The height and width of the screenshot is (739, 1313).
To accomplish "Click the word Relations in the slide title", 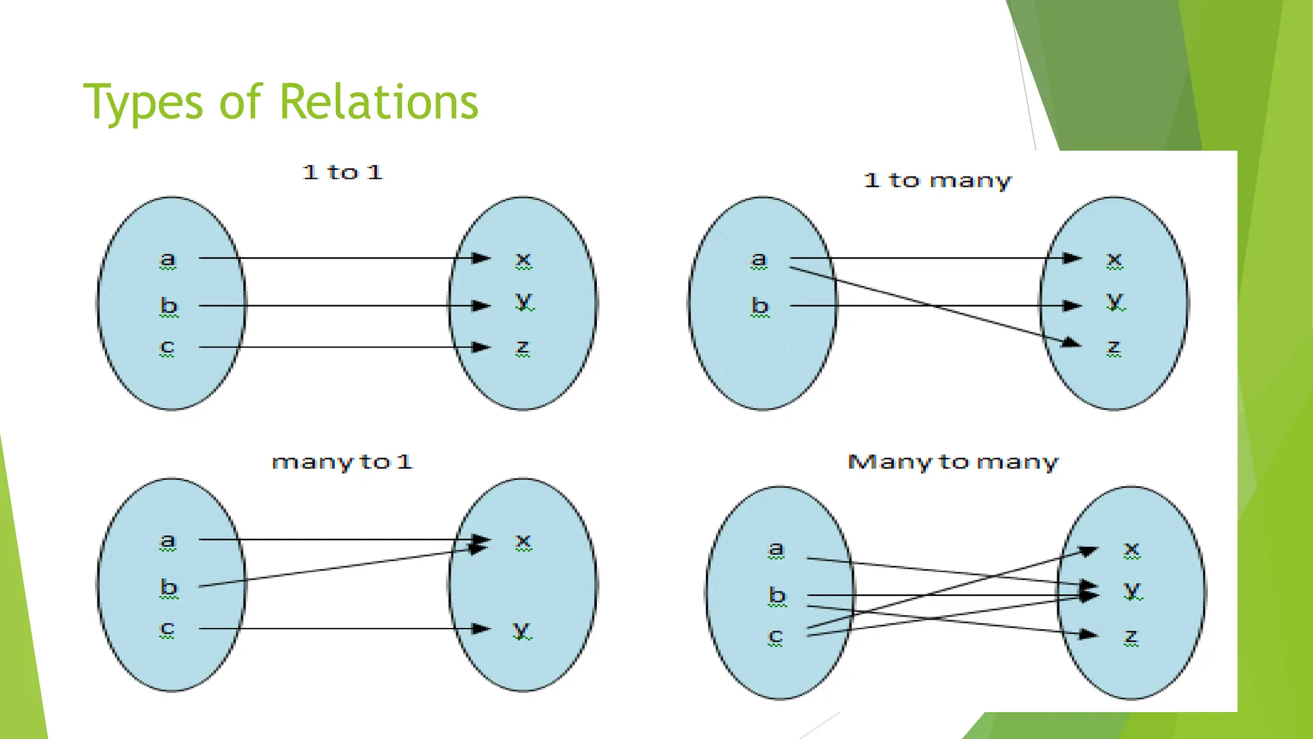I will tap(379, 102).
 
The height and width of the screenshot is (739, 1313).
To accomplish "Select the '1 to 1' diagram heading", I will tap(342, 172).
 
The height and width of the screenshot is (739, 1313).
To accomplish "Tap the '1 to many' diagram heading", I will tap(937, 180).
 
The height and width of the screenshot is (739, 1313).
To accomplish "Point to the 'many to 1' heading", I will tap(342, 462).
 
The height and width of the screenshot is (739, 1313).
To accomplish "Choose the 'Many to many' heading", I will tap(953, 462).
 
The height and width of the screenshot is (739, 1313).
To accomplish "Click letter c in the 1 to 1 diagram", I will tap(167, 346).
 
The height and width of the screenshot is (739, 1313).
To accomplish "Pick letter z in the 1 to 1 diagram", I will tap(523, 347).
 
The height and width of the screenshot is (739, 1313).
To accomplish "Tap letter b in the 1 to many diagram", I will tap(760, 305).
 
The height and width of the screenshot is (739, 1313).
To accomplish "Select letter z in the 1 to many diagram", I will tap(1114, 347).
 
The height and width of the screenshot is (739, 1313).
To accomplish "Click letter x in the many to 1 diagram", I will tap(523, 541).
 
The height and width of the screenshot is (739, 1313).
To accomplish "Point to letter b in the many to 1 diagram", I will tap(169, 587).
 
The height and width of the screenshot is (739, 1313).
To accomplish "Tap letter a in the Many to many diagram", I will tap(776, 549).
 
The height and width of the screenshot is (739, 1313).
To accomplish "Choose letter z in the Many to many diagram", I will tap(1132, 636).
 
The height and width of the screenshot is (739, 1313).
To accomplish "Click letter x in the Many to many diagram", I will tap(1132, 549).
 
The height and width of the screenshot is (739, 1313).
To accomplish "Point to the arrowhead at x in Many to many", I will tap(1089, 550).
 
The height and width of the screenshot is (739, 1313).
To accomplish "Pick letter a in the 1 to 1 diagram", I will tap(167, 259).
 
